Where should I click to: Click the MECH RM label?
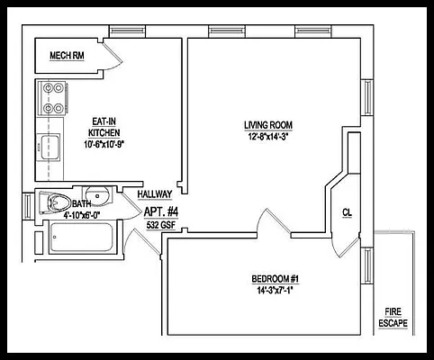click(67, 56)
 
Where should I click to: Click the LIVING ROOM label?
click(268, 124)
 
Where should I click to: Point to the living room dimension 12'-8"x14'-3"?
click(268, 136)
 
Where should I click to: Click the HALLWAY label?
click(155, 194)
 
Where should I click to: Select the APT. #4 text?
click(162, 212)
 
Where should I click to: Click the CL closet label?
click(347, 212)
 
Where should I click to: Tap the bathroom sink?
click(96, 194)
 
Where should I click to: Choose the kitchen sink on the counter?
click(49, 145)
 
